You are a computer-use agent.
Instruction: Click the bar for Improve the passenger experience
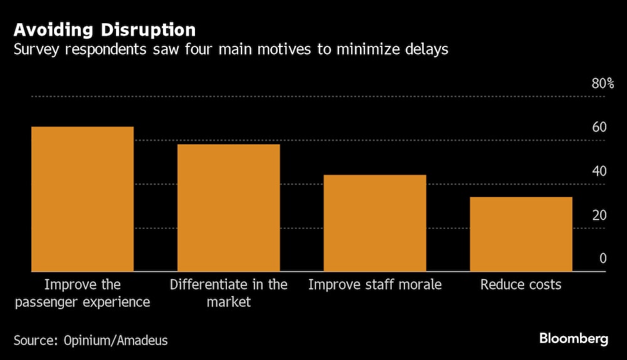pyautogui.click(x=82, y=199)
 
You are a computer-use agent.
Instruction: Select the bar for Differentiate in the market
pyautogui.click(x=228, y=208)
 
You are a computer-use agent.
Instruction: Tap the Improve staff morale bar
pyautogui.click(x=374, y=223)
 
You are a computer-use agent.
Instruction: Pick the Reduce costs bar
pyautogui.click(x=520, y=234)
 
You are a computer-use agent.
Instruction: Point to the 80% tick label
pyautogui.click(x=603, y=84)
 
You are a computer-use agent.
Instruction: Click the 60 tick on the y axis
pyautogui.click(x=599, y=127)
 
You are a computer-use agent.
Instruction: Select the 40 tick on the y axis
pyautogui.click(x=599, y=171)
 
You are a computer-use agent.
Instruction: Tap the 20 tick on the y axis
pyautogui.click(x=599, y=215)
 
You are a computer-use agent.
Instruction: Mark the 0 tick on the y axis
pyautogui.click(x=603, y=258)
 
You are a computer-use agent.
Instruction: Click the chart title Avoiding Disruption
pyautogui.click(x=105, y=29)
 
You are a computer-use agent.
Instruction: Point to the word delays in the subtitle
pyautogui.click(x=426, y=50)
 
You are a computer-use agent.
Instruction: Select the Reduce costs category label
pyautogui.click(x=520, y=285)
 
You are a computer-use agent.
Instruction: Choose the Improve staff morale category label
pyautogui.click(x=374, y=285)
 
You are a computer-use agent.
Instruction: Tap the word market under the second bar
pyautogui.click(x=228, y=302)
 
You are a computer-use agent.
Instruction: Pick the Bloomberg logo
pyautogui.click(x=574, y=339)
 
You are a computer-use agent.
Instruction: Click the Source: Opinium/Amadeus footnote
pyautogui.click(x=91, y=341)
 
